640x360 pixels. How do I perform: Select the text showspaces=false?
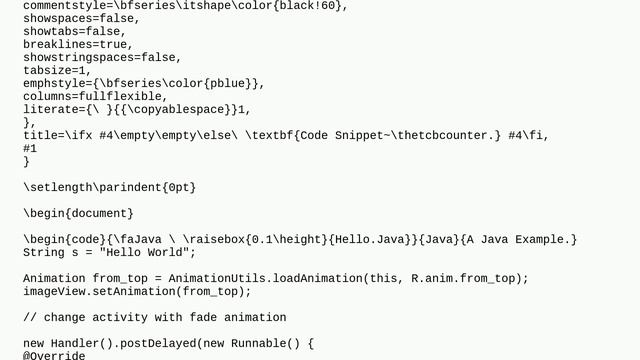coord(81,19)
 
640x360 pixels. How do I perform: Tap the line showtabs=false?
coord(74,32)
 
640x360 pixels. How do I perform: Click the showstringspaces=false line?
coord(102,58)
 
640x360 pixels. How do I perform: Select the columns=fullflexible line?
coord(95,97)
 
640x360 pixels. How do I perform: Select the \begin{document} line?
coord(78,213)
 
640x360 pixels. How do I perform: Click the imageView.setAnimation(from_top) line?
coord(137,291)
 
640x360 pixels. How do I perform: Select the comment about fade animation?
coord(155,317)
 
